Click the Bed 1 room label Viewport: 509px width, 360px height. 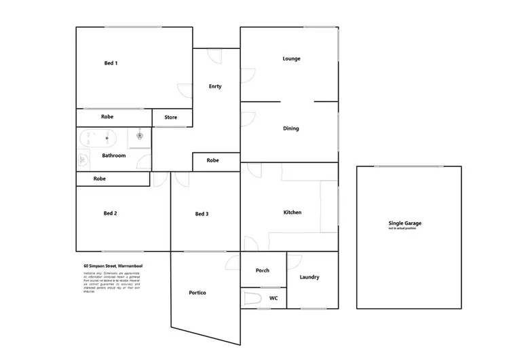pyautogui.click(x=111, y=63)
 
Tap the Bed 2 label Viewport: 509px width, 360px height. pyautogui.click(x=111, y=213)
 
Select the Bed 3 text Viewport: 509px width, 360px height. pyautogui.click(x=202, y=214)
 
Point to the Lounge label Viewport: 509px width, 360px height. pyautogui.click(x=291, y=59)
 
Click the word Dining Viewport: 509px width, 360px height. pyautogui.click(x=290, y=128)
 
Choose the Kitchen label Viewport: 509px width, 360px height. pyautogui.click(x=292, y=213)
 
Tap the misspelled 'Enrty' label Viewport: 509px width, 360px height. pyautogui.click(x=215, y=86)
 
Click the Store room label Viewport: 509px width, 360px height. pyautogui.click(x=171, y=118)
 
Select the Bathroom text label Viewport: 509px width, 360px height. pyautogui.click(x=113, y=156)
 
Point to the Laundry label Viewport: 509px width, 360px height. pyautogui.click(x=309, y=277)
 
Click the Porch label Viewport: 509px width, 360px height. pyautogui.click(x=262, y=270)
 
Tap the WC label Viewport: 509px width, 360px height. pyautogui.click(x=274, y=298)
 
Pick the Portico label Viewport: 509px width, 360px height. pyautogui.click(x=197, y=293)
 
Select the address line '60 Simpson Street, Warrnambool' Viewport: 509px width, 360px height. pyautogui.click(x=113, y=266)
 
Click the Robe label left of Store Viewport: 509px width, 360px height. pyautogui.click(x=107, y=117)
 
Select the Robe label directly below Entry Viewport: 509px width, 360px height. pyautogui.click(x=213, y=161)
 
